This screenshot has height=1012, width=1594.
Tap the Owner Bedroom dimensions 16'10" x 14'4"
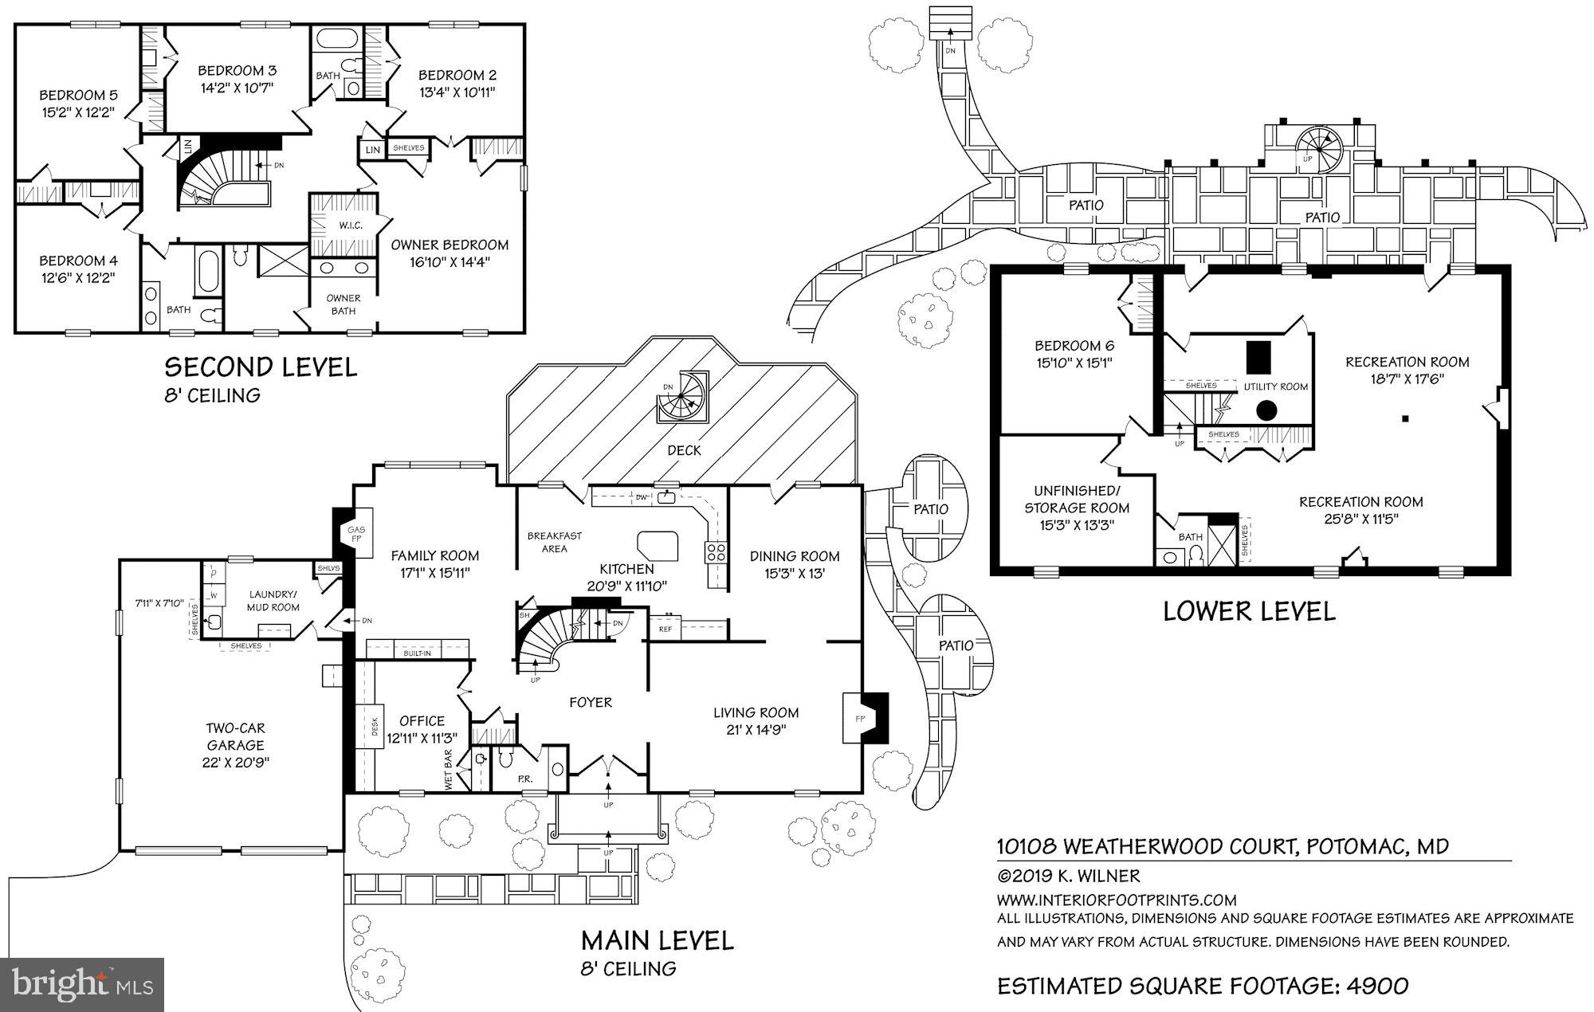(450, 261)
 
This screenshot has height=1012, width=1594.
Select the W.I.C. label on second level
(351, 226)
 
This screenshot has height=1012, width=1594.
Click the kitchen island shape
(657, 546)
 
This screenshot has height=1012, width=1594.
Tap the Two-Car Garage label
(235, 736)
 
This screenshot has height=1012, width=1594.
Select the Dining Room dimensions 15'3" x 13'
(794, 572)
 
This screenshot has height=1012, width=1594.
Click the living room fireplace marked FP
(859, 718)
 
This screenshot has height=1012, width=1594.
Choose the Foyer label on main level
(591, 702)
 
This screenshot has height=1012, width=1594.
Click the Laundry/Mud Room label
(274, 600)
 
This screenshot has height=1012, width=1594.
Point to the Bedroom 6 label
(1074, 346)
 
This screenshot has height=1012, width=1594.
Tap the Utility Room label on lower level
(1276, 386)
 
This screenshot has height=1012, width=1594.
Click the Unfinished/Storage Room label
(1077, 499)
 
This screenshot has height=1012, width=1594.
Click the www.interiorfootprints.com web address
(1117, 900)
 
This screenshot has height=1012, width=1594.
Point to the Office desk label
(375, 726)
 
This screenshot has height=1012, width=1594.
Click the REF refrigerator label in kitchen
(665, 629)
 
